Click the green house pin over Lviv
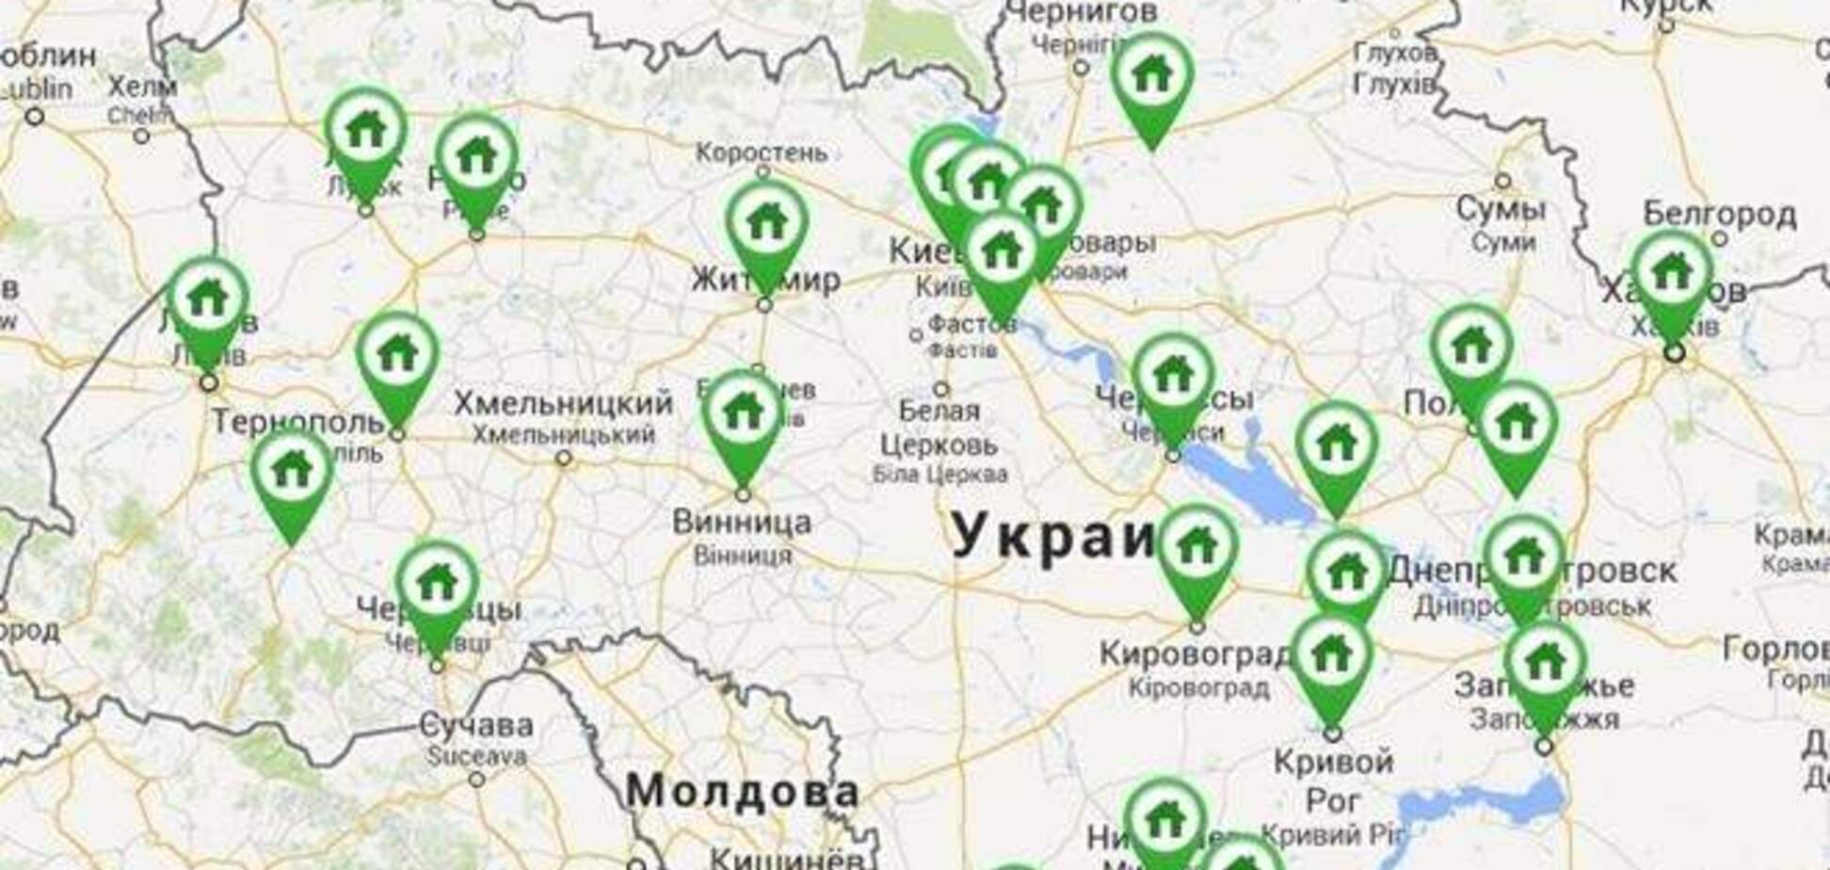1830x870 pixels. pos(208,300)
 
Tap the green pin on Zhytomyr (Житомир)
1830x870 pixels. pos(766,224)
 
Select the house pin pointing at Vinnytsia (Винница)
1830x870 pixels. pos(744,413)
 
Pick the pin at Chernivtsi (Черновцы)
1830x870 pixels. pos(437,584)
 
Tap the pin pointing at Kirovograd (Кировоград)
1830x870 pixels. pos(1196,547)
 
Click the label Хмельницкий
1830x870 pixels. pos(563,404)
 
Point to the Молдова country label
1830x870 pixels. pos(742,791)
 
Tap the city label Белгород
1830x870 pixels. pos(1720,216)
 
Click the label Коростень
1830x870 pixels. pos(762,152)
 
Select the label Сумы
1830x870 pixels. pos(1501,209)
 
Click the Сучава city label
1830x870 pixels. pos(475,725)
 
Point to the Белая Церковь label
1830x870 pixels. pos(938,427)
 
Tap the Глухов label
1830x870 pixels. pos(1395,52)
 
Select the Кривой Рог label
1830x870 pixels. pos(1333,780)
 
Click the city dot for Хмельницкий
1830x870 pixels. pos(563,459)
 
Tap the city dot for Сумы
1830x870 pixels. pos(1502,180)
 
